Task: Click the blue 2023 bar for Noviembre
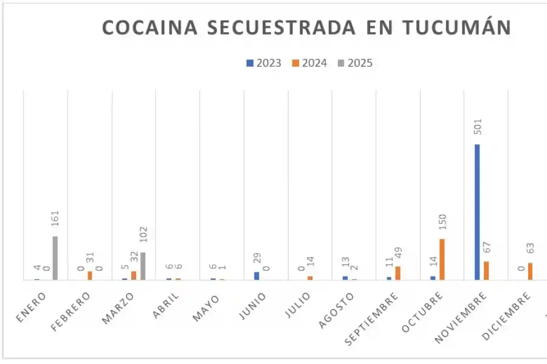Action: tap(477, 212)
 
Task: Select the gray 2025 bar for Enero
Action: tap(55, 258)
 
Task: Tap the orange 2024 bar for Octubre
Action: tap(442, 259)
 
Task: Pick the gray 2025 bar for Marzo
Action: tap(143, 266)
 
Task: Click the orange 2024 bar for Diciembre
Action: tap(530, 271)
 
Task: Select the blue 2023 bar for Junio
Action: tap(256, 275)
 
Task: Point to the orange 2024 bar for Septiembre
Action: tap(398, 273)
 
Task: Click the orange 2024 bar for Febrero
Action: tap(90, 275)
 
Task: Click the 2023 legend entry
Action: tap(264, 63)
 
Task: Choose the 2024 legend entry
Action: tap(310, 63)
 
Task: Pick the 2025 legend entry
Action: tap(356, 63)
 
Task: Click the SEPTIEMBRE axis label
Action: tap(373, 318)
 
